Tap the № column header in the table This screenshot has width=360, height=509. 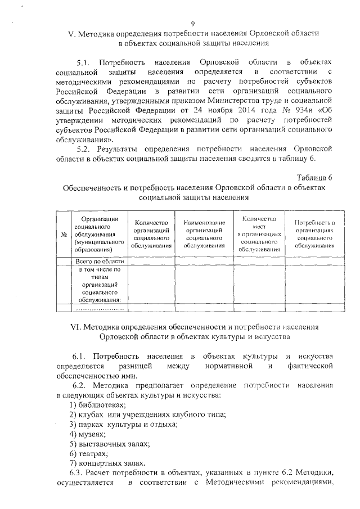[64, 234]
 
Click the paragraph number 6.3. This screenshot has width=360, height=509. [80, 473]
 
